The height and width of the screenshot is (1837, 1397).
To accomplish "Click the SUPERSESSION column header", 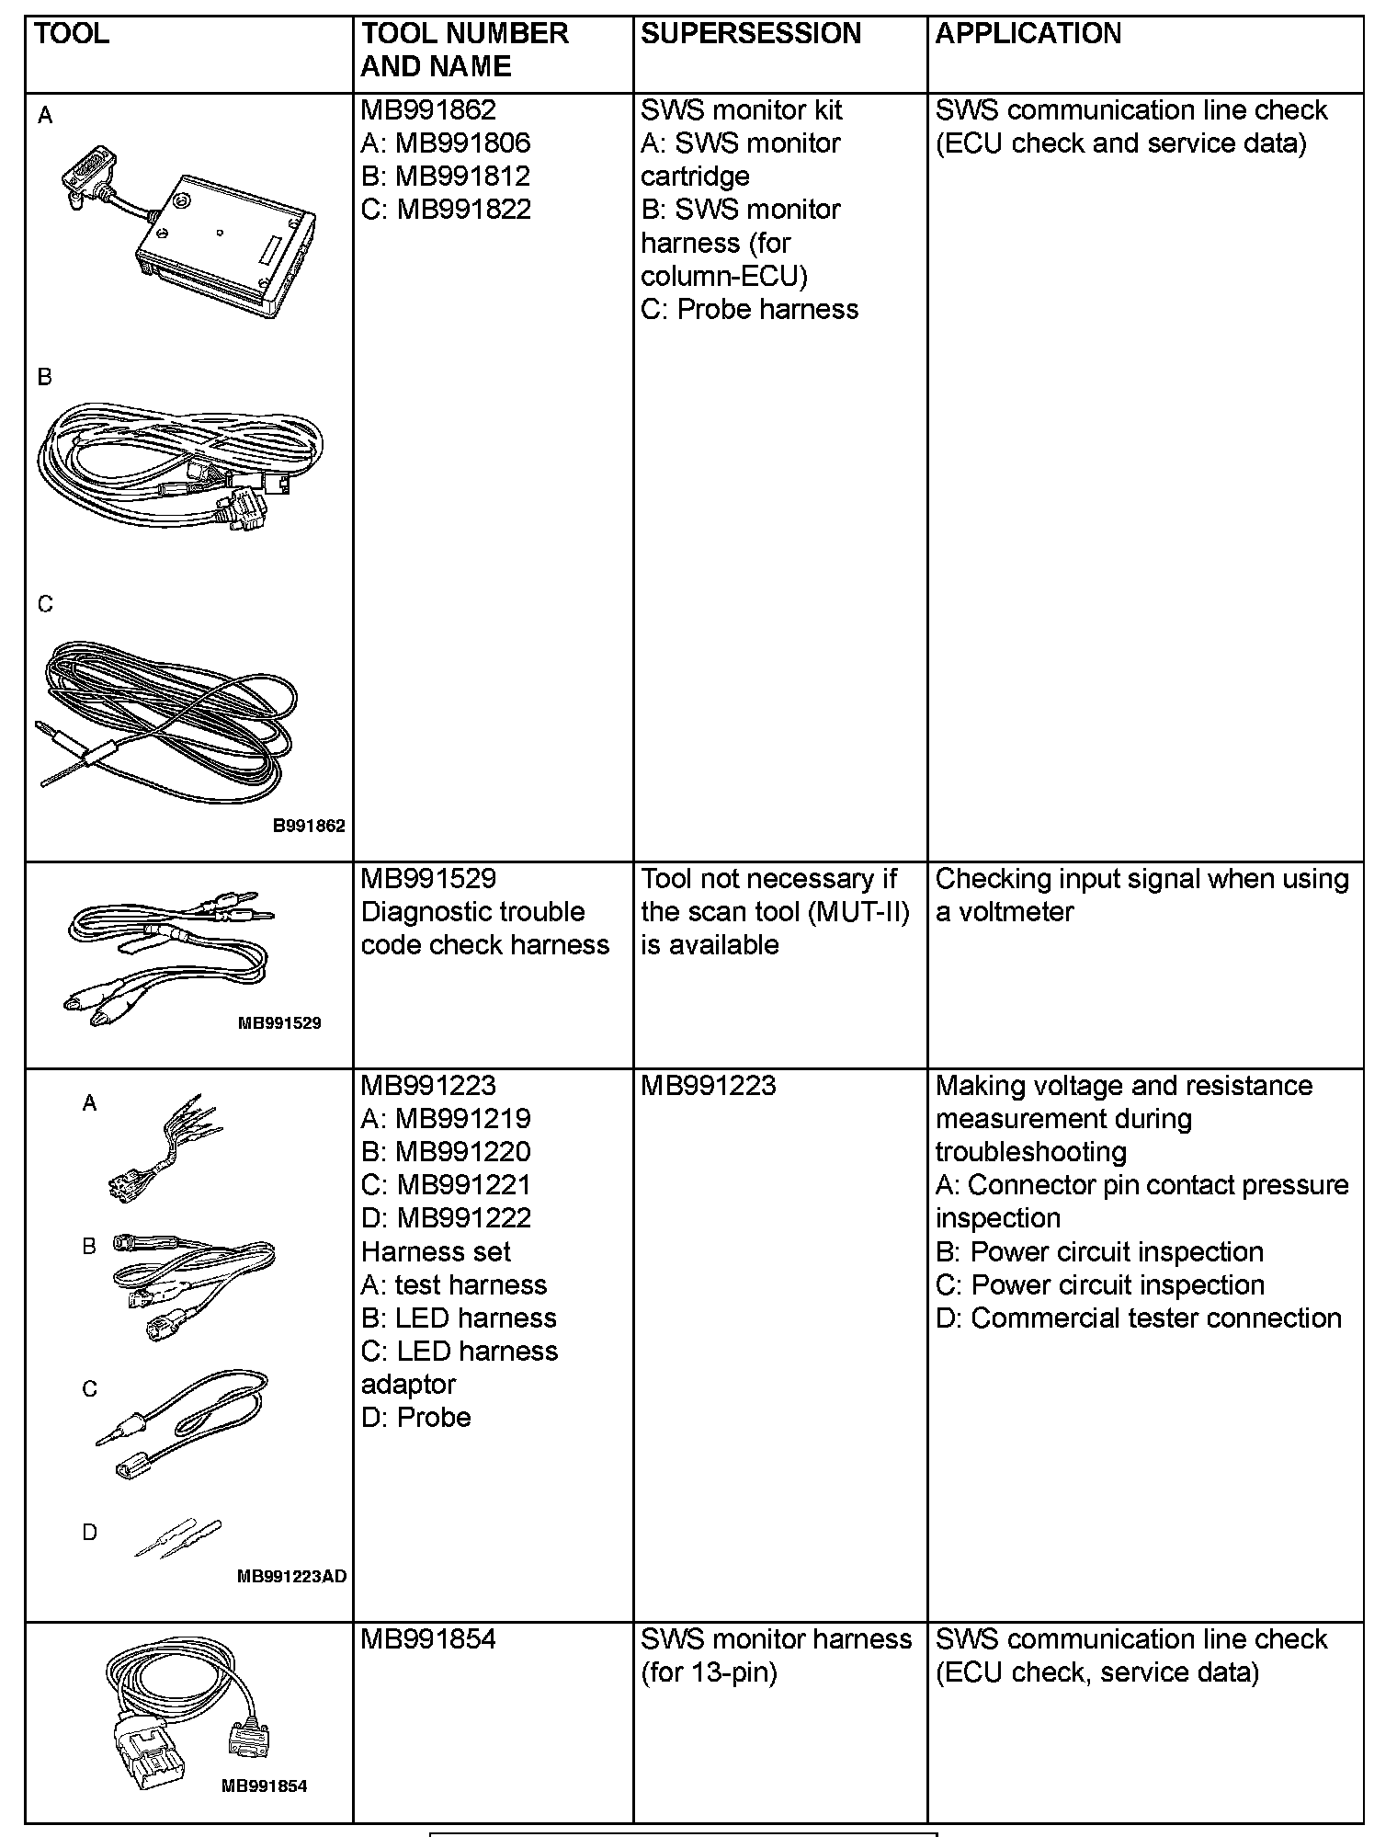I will [750, 34].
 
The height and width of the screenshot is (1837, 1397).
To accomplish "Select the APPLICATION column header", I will [1028, 34].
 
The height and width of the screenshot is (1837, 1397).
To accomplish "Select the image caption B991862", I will [309, 826].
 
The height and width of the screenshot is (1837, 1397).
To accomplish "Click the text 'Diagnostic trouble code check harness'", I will [484, 929].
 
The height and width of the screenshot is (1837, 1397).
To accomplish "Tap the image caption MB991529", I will [279, 1022].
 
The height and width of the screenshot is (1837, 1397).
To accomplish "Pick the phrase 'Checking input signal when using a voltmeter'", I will [1141, 896].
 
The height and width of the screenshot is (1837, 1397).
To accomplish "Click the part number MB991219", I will [462, 1119].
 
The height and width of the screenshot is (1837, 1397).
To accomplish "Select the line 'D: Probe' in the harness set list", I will [415, 1418].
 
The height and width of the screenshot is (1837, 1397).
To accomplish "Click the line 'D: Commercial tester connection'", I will [1138, 1318].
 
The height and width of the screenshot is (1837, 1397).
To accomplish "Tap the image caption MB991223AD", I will [291, 1577].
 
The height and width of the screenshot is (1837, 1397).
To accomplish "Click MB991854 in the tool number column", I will [427, 1639].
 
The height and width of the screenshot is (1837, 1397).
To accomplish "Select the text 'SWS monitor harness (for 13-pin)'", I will [776, 1656].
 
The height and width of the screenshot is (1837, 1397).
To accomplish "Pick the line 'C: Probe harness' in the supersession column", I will [749, 310].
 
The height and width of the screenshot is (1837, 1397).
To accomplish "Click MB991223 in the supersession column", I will [708, 1086].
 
